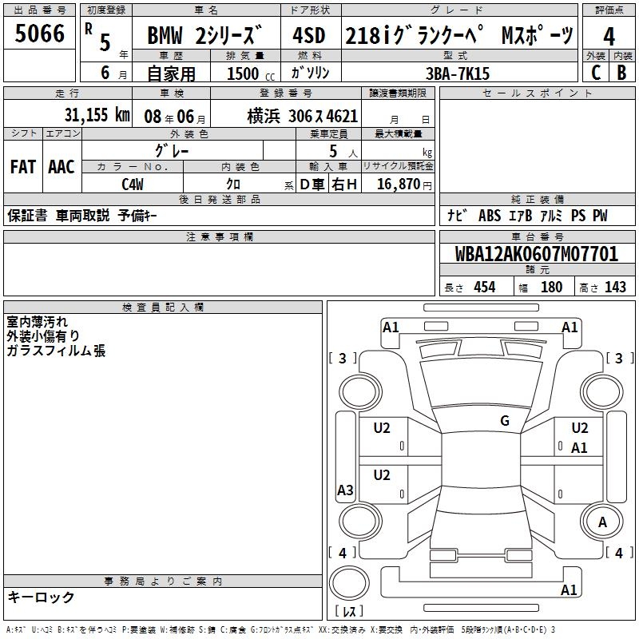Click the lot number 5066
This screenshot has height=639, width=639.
39,34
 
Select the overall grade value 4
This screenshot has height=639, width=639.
609,37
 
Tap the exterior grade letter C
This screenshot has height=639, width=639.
596,73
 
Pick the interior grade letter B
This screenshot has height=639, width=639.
621,73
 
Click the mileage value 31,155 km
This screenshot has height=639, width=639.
97,115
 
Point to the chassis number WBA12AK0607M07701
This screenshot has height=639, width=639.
536,254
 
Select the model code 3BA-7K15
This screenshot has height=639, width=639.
458,73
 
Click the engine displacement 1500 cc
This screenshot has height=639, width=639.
251,73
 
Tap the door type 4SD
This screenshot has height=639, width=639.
309,36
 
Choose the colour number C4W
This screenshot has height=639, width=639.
133,185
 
